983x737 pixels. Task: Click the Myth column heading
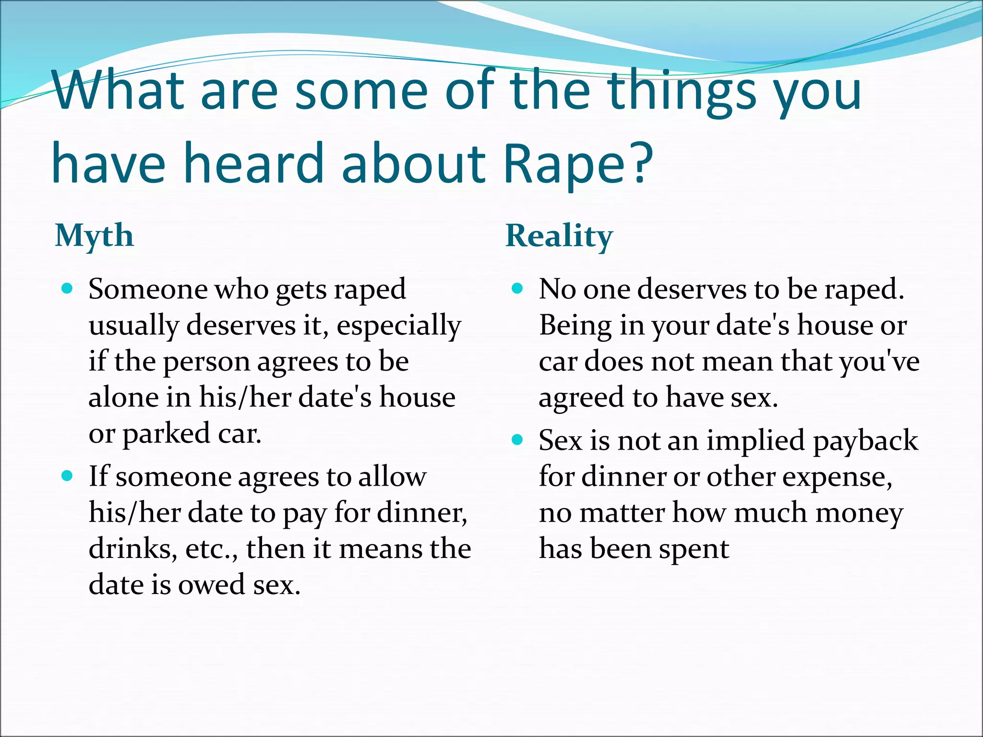tap(94, 236)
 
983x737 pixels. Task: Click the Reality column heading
tap(559, 236)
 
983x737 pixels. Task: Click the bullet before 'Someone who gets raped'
tap(67, 289)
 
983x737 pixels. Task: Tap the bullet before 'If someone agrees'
tap(67, 476)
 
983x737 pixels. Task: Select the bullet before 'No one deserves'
tap(517, 289)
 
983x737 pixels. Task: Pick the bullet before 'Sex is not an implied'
tap(517, 440)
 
